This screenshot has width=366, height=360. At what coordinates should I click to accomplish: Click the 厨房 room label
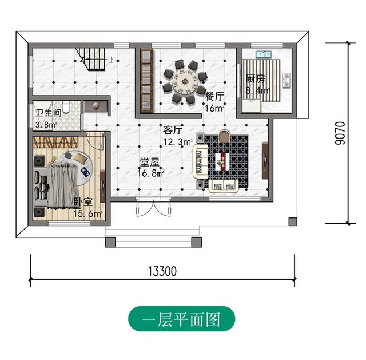pos(255,79)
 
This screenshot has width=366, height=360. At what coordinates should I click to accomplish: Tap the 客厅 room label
pos(173,130)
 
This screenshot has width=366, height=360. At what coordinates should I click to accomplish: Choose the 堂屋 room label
pos(150,161)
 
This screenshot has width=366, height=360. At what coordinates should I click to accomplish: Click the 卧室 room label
pos(83,203)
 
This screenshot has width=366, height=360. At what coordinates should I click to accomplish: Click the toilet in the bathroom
pos(66,108)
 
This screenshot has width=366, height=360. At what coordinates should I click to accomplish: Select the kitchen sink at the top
pos(264,54)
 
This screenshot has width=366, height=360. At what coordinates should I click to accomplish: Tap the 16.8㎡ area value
pos(152,172)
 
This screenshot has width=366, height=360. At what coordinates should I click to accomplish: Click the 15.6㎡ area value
pos(87,214)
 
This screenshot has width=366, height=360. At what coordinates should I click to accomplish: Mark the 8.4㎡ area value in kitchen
pos(257,90)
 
